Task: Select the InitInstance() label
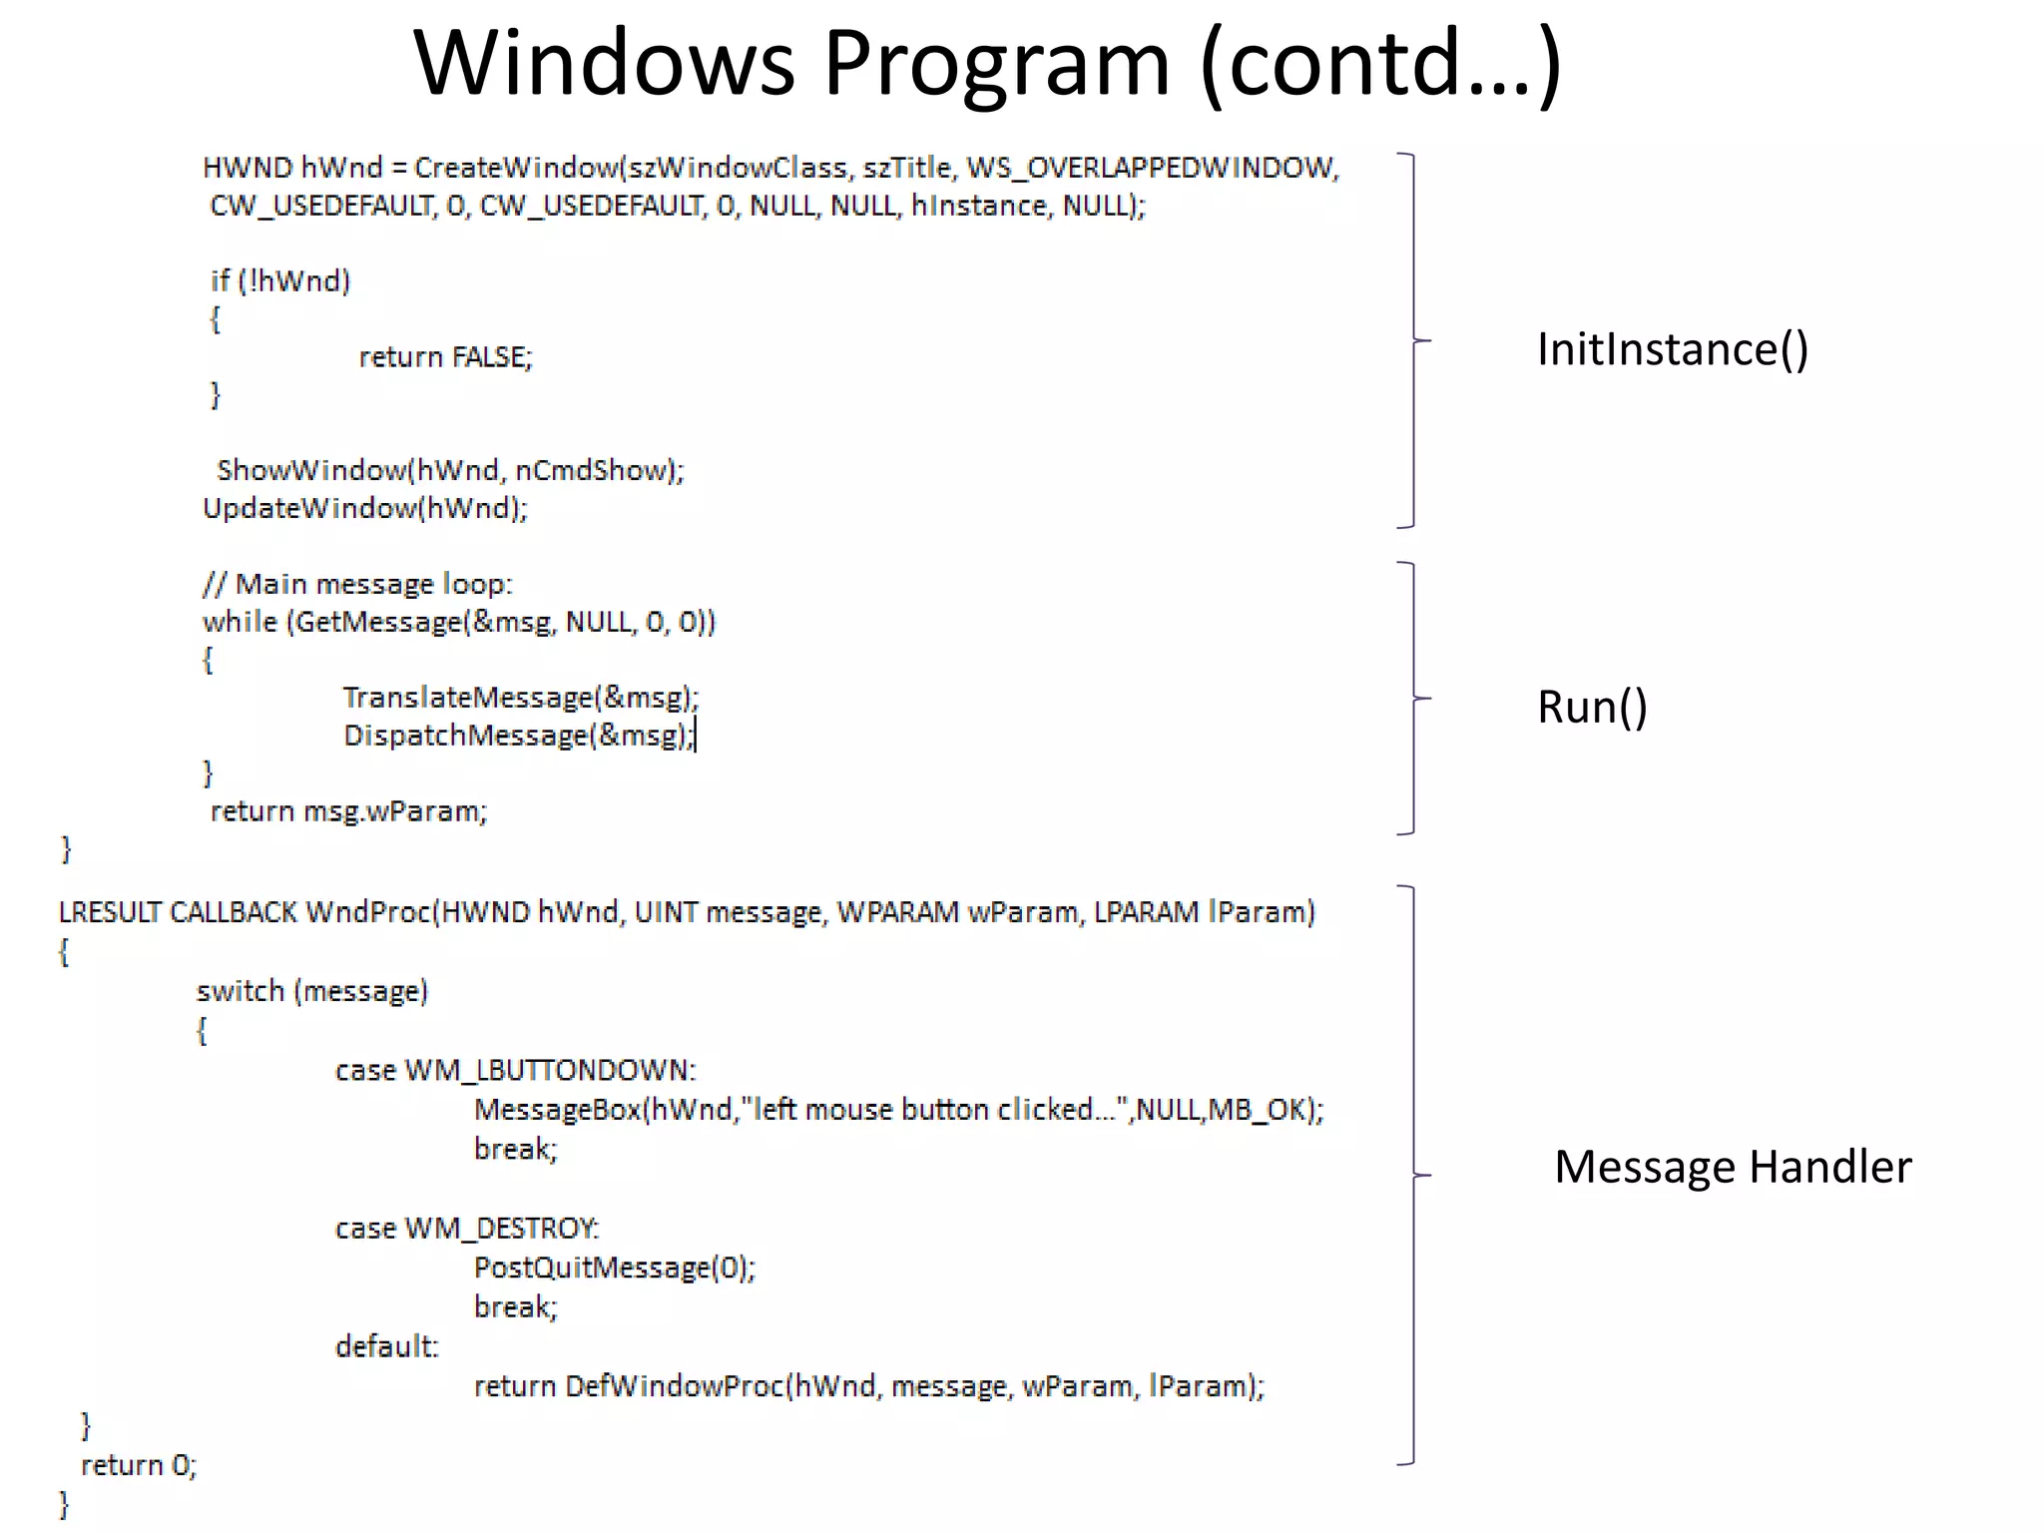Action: pyautogui.click(x=1672, y=349)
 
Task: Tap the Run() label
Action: pyautogui.click(x=1591, y=707)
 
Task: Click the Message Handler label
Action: pyautogui.click(x=1732, y=1167)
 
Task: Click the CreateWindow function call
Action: pyautogui.click(x=517, y=168)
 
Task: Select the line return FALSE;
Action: pyautogui.click(x=445, y=357)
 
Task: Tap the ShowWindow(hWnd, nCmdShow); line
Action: pyautogui.click(x=450, y=470)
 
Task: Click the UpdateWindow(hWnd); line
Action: pyautogui.click(x=365, y=509)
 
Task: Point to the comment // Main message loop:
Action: pyautogui.click(x=357, y=584)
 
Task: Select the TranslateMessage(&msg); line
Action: pyautogui.click(x=520, y=698)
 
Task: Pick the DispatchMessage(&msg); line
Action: pyautogui.click(x=518, y=736)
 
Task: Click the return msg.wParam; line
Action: pyautogui.click(x=348, y=811)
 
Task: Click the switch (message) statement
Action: pyautogui.click(x=311, y=991)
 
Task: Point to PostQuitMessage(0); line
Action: pyautogui.click(x=614, y=1268)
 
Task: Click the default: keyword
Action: pyautogui.click(x=386, y=1346)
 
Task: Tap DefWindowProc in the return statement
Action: pyautogui.click(x=675, y=1386)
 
